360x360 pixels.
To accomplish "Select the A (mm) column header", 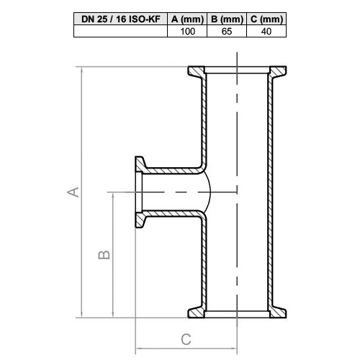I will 187,19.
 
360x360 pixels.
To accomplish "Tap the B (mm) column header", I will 226,19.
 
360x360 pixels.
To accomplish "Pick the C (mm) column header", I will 266,19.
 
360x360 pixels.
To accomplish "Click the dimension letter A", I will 73,192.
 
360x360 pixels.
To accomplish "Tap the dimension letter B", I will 104,255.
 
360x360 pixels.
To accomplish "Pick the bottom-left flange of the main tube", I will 197,311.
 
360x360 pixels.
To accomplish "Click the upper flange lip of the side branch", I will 138,165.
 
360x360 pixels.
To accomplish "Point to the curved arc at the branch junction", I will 208,192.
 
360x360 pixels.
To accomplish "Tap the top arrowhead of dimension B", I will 114,194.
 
